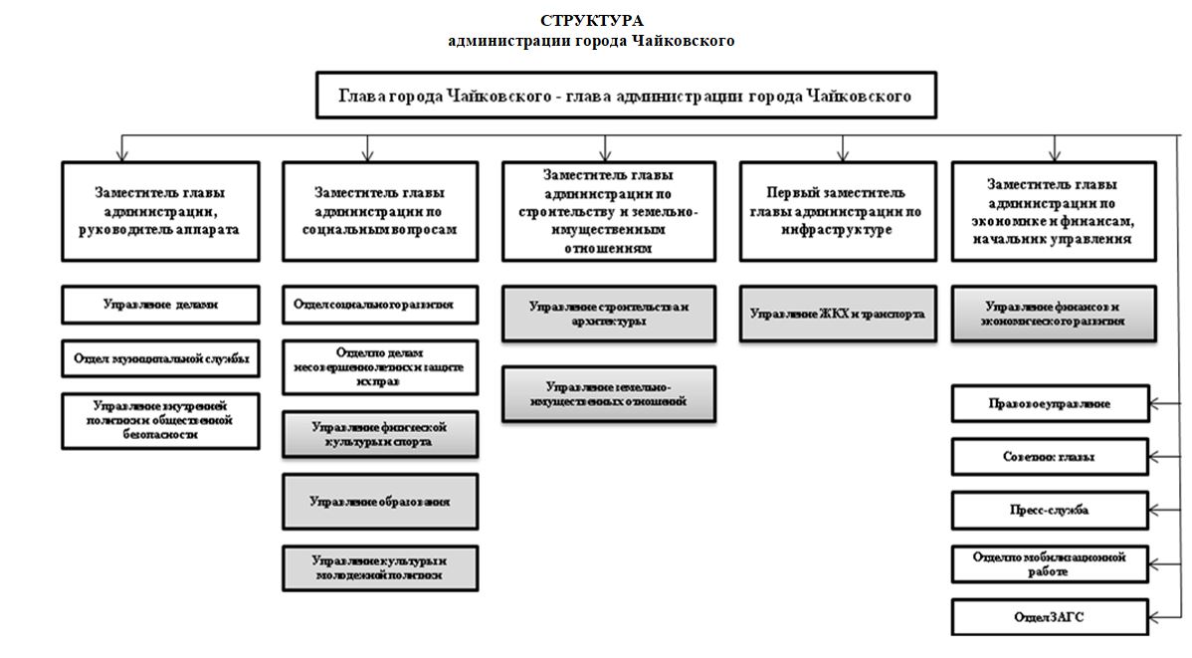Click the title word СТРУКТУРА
(592, 21)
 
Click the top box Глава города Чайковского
(625, 98)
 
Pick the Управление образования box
(379, 502)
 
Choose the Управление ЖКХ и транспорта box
(838, 314)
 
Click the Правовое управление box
(1050, 404)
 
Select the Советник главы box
(1050, 457)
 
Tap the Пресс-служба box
(1050, 510)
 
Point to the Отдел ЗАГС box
(1050, 617)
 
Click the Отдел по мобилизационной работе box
(1050, 564)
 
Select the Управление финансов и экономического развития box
(1054, 315)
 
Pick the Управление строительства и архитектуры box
(608, 314)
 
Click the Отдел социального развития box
(379, 305)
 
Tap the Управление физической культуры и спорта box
(379, 434)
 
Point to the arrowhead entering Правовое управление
(1155, 404)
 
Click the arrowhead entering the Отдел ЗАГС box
(1155, 617)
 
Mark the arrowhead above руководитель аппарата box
(121, 155)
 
